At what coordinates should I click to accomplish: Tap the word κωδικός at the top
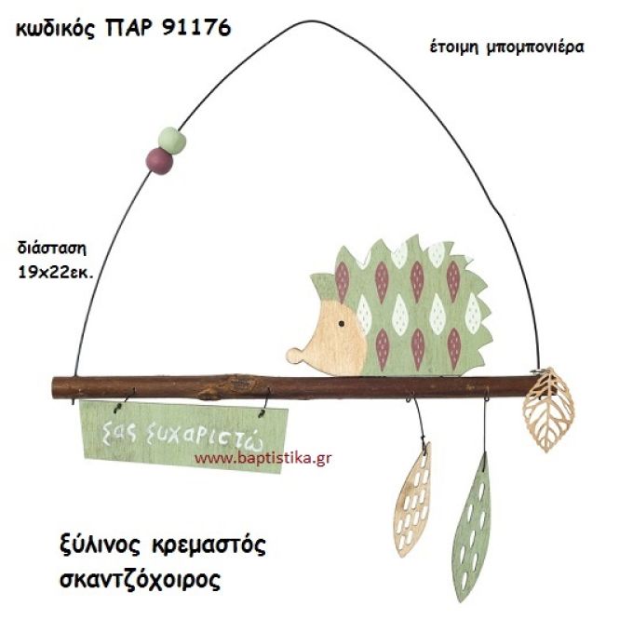[57, 28]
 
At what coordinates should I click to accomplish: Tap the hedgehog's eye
[341, 322]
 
